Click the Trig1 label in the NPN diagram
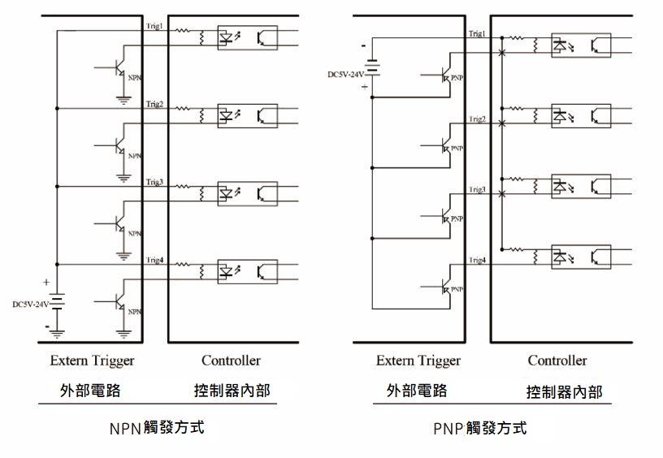pyautogui.click(x=154, y=26)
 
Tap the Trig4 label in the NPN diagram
pyautogui.click(x=154, y=260)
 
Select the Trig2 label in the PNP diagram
pyautogui.click(x=477, y=119)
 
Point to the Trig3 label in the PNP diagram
pyautogui.click(x=477, y=189)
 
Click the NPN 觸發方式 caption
pyautogui.click(x=155, y=426)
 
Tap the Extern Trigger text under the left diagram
pyautogui.click(x=92, y=360)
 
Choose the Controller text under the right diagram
pyautogui.click(x=557, y=360)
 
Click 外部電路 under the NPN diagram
pyautogui.click(x=90, y=390)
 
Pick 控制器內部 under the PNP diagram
pyautogui.click(x=564, y=392)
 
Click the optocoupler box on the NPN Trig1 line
pyautogui.click(x=247, y=37)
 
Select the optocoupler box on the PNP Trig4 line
pyautogui.click(x=580, y=257)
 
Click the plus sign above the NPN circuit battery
pyautogui.click(x=46, y=283)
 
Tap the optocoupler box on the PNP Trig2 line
pyautogui.click(x=580, y=116)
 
